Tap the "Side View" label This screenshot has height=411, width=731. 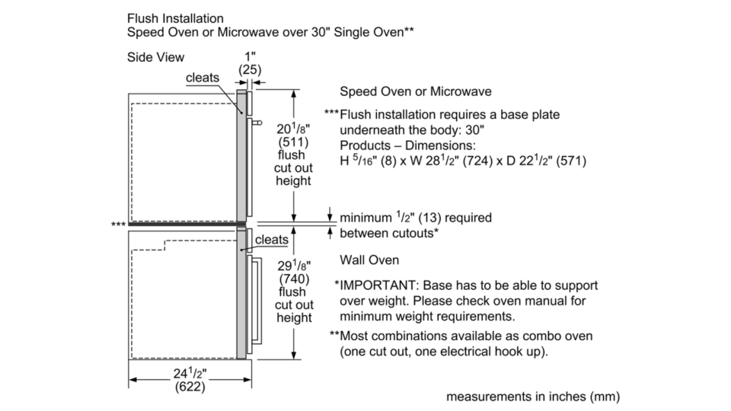tap(157, 57)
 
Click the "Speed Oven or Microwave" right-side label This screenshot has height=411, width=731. tap(415, 91)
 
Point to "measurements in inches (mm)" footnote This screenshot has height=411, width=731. tap(533, 396)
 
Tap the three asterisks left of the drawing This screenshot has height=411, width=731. tap(118, 224)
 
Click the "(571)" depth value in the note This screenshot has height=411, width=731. tap(573, 162)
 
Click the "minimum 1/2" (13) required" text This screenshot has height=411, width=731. tap(415, 218)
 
